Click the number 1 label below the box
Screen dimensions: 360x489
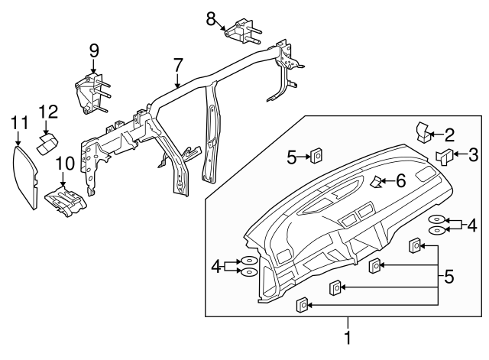pyautogui.click(x=348, y=337)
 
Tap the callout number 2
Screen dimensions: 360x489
pyautogui.click(x=449, y=136)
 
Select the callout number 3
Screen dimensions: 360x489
pyautogui.click(x=473, y=156)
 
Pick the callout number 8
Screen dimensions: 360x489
pyautogui.click(x=211, y=18)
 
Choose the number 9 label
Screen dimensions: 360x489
pyautogui.click(x=94, y=50)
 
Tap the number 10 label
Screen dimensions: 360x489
pyautogui.click(x=62, y=162)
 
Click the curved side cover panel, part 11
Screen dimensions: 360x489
pyautogui.click(x=30, y=177)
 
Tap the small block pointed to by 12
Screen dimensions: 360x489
pyautogui.click(x=50, y=142)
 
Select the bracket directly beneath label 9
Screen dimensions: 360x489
pyautogui.click(x=92, y=92)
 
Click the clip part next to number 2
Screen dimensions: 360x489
pyautogui.click(x=424, y=131)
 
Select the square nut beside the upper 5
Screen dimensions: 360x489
pyautogui.click(x=315, y=157)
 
